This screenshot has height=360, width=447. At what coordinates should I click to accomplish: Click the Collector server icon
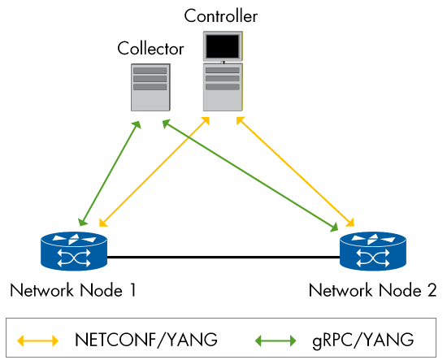click(x=150, y=88)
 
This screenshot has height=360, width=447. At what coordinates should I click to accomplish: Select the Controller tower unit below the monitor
click(x=223, y=87)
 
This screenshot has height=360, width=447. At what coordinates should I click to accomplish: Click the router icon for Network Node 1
click(x=73, y=251)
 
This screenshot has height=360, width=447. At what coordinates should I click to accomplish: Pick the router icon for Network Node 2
click(x=372, y=251)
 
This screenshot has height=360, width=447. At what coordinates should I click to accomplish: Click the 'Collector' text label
click(x=150, y=49)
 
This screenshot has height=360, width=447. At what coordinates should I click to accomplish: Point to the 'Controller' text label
click(x=221, y=15)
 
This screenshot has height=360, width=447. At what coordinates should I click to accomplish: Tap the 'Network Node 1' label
click(x=72, y=290)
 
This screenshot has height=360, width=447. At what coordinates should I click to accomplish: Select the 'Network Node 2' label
click(x=373, y=290)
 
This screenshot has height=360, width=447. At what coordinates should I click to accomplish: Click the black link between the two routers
click(x=223, y=257)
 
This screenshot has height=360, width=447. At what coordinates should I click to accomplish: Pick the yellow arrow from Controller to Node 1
click(x=150, y=171)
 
